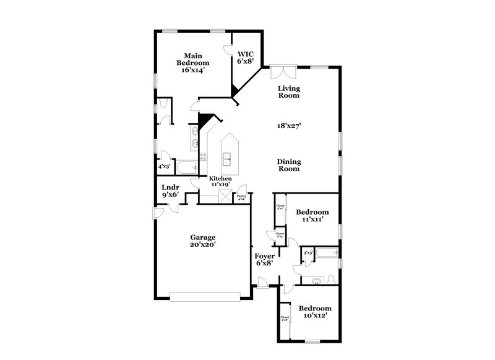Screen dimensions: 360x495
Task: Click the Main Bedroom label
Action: point(193,62)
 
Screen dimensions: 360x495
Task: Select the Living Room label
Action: point(288,92)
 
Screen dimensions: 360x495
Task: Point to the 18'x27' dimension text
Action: point(288,126)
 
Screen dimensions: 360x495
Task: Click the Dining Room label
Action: point(288,165)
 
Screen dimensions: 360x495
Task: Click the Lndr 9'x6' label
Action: point(170,191)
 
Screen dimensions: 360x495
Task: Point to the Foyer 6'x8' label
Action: point(264,259)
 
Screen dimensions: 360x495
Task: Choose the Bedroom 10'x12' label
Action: point(315,312)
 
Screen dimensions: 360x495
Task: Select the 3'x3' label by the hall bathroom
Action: point(307,253)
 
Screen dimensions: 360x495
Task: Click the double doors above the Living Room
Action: point(284,72)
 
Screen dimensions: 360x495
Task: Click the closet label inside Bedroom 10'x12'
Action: point(285,319)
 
